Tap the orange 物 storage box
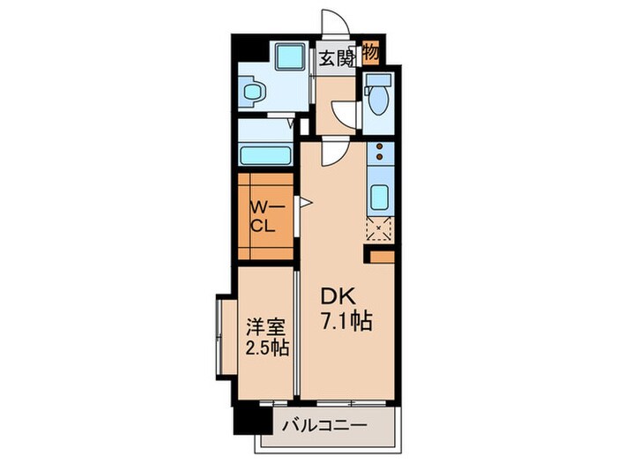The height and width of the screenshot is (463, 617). point(371,53)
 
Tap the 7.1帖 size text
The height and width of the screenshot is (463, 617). point(346,322)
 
